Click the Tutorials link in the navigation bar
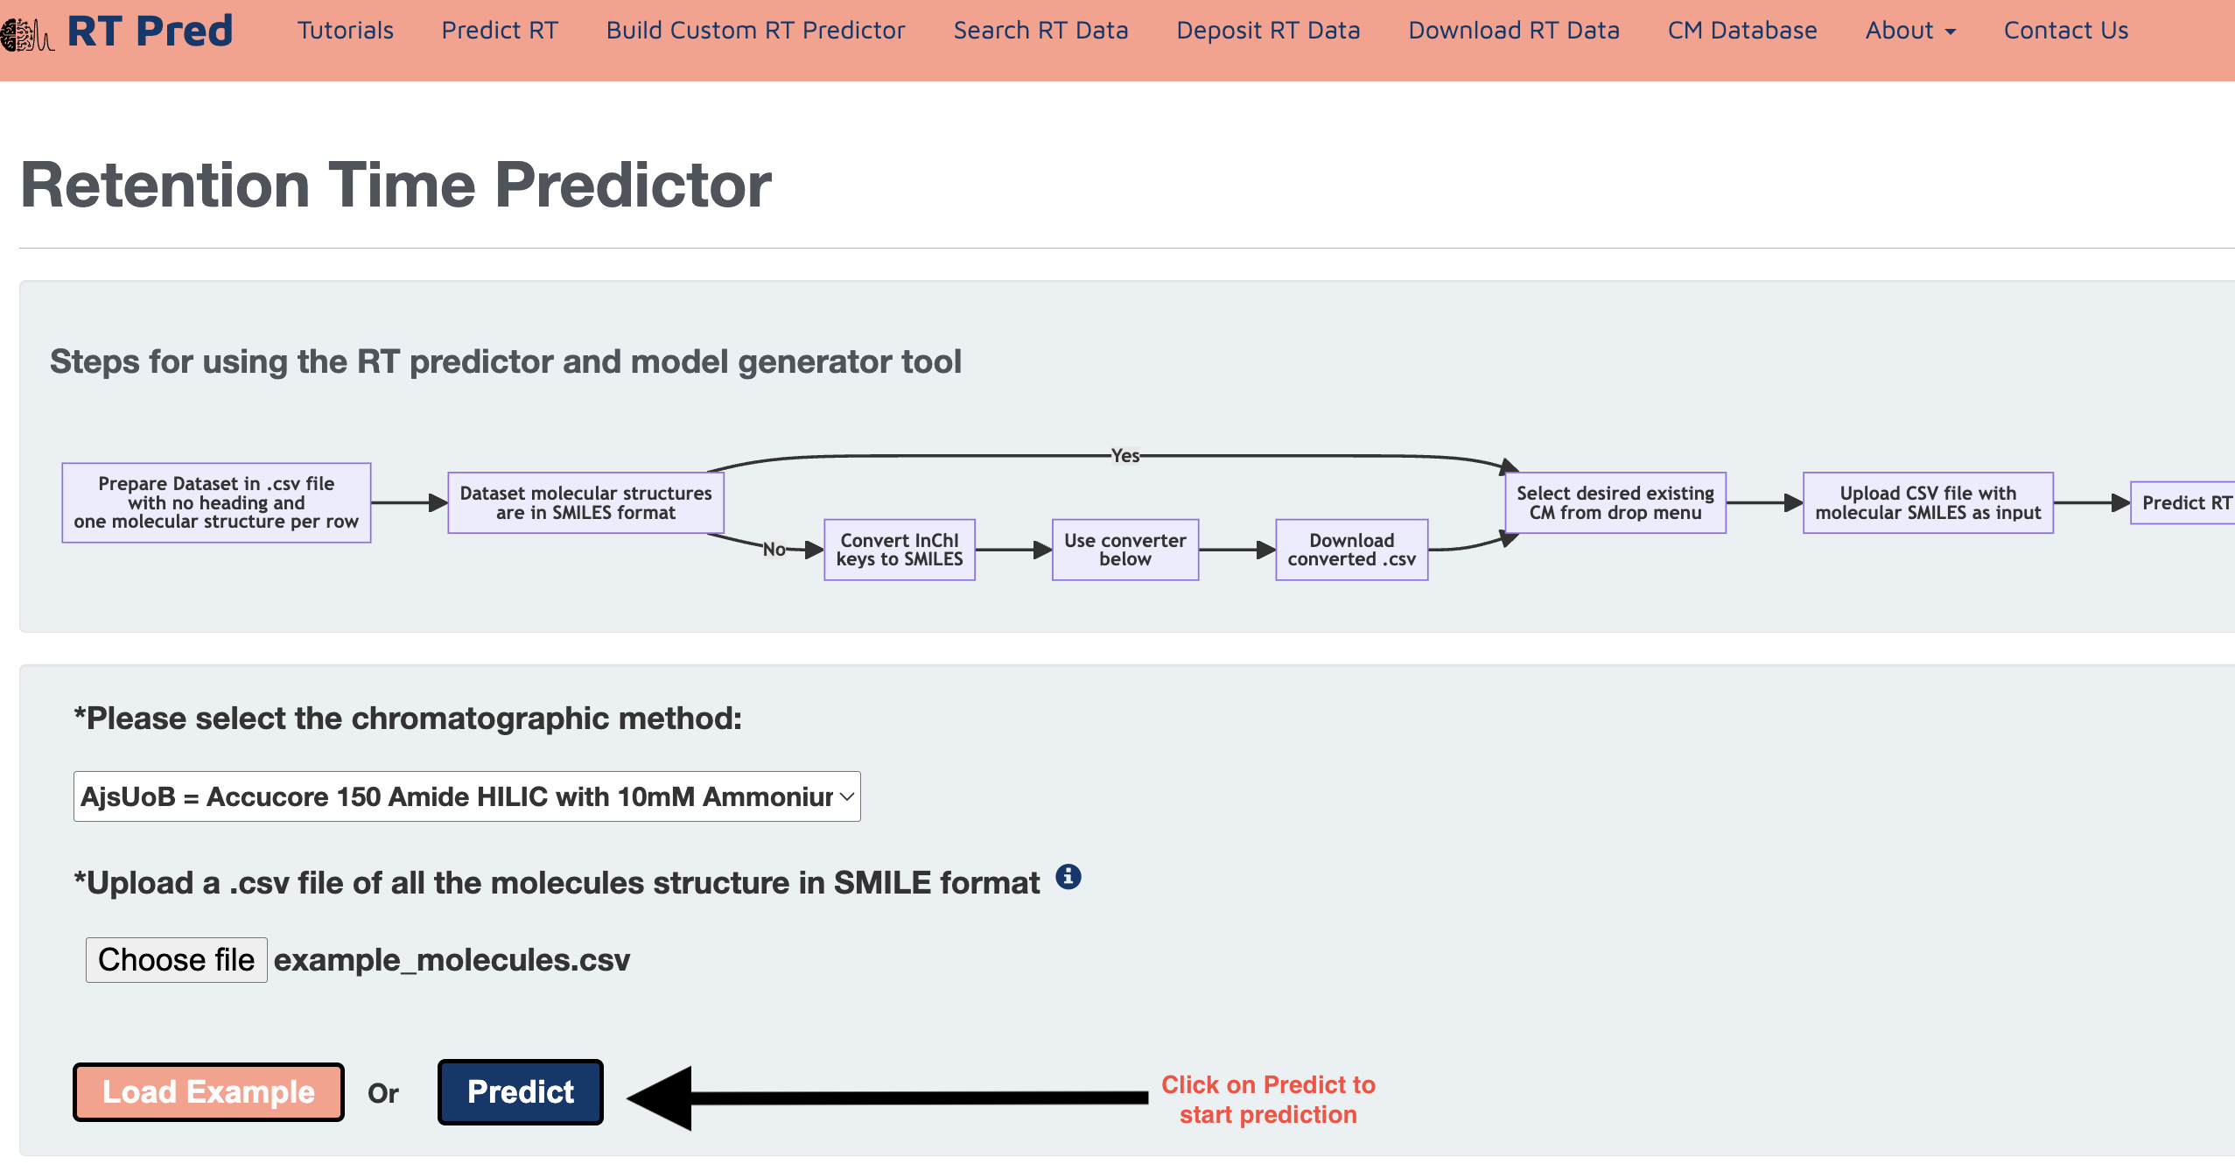(x=345, y=31)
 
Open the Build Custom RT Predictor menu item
(x=755, y=31)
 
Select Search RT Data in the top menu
(x=1040, y=31)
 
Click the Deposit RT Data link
(x=1268, y=31)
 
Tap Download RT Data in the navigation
(x=1514, y=31)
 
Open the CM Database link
(x=1742, y=31)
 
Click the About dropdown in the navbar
(x=1910, y=31)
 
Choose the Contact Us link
(x=2066, y=31)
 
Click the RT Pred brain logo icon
(x=26, y=35)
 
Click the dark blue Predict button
(x=521, y=1092)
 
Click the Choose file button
(x=176, y=960)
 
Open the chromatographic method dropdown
(x=467, y=796)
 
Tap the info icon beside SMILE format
(x=1068, y=876)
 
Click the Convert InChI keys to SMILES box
(x=900, y=550)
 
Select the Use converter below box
(x=1125, y=550)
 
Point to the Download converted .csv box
(x=1352, y=550)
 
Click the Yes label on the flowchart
(x=1125, y=455)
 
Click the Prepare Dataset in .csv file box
(x=216, y=502)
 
